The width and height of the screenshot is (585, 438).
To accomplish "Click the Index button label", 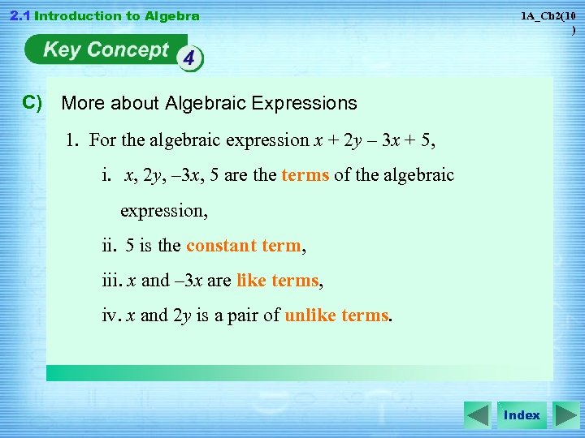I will pos(522,415).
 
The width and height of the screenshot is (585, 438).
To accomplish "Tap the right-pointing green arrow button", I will pos(565,415).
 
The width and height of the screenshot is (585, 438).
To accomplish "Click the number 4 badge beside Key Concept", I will pos(189,59).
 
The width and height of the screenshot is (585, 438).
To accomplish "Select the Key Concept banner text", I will pos(106,49).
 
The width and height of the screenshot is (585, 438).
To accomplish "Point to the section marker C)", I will pos(32,102).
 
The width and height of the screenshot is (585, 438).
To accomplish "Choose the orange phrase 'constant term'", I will pos(244,246).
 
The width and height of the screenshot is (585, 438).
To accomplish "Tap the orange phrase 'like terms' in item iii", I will pos(277,281).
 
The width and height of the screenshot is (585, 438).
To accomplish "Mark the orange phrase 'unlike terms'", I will pos(337,316).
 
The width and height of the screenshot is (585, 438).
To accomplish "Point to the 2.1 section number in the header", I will pos(18,15).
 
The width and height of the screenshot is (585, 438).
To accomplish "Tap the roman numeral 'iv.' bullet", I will pos(111,316).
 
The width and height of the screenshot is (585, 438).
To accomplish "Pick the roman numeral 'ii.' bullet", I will pos(111,246).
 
